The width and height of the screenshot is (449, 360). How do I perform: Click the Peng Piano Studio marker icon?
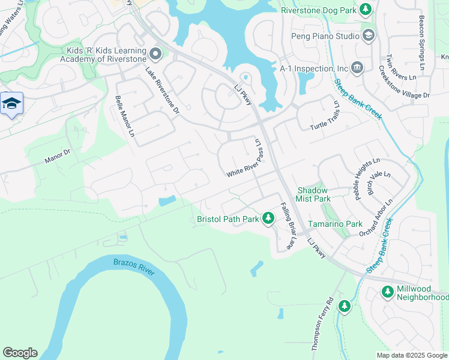(369, 36)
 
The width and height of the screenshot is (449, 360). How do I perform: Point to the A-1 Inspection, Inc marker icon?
(358, 66)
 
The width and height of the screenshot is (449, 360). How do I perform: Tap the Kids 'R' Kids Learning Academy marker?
(155, 55)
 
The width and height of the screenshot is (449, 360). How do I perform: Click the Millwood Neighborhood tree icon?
(387, 292)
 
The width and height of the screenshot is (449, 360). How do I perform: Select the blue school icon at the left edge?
(11, 104)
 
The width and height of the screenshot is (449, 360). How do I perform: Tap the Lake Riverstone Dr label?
(163, 91)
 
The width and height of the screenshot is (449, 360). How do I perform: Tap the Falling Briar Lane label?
(289, 226)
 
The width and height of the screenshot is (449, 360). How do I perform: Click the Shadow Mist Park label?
(314, 194)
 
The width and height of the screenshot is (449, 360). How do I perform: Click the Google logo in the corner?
(20, 353)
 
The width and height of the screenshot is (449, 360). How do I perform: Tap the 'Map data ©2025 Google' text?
(412, 355)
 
